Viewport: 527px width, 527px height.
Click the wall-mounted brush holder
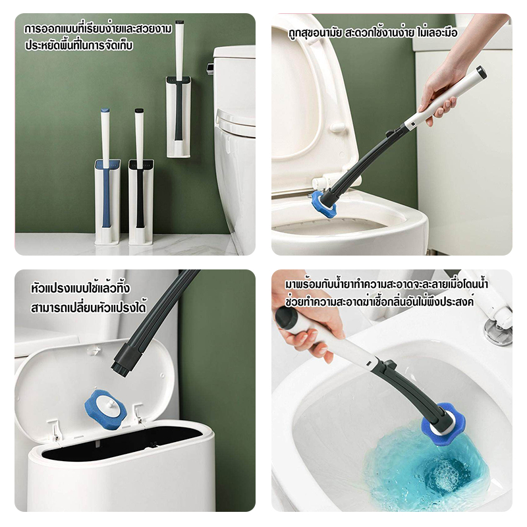tap(179, 117)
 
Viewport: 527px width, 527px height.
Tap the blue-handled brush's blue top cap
tap(105, 111)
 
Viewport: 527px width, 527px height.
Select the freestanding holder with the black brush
tap(141, 202)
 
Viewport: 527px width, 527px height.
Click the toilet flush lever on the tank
tap(210, 69)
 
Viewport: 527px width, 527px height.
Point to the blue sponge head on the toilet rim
tap(323, 204)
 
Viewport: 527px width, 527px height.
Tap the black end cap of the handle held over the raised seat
tap(482, 72)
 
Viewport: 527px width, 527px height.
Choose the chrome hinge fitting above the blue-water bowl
tap(497, 331)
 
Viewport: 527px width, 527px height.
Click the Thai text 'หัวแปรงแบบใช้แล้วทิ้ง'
tap(80, 288)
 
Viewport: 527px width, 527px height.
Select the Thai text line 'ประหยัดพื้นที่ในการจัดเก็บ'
tap(79, 45)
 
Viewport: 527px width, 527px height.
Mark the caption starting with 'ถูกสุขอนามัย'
tap(373, 33)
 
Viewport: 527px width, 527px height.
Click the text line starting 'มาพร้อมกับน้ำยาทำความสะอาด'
tap(387, 285)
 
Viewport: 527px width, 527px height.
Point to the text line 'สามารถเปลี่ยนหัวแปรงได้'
tap(88, 307)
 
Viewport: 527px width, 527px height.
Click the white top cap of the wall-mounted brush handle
tap(179, 22)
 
